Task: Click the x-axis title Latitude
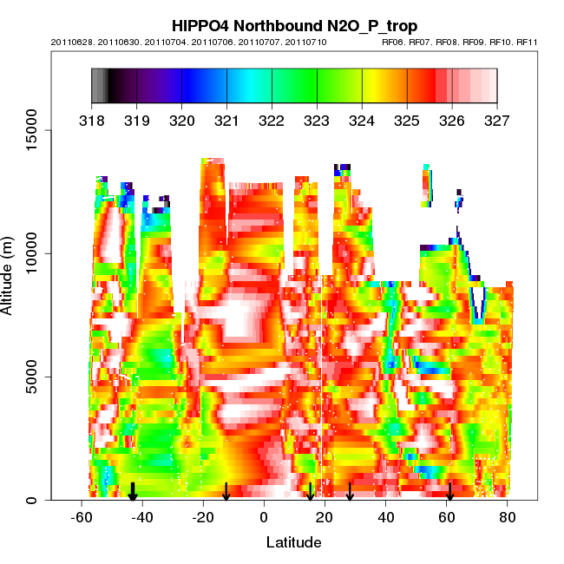pos(293,542)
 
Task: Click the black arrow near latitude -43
pos(133,492)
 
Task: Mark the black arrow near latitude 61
pos(449,492)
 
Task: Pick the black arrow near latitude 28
pos(350,492)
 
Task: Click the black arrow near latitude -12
pos(226,492)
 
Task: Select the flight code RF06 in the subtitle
pos(393,42)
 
